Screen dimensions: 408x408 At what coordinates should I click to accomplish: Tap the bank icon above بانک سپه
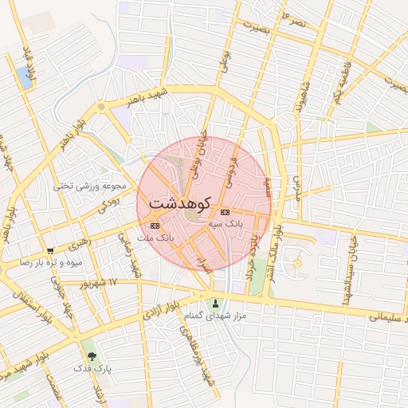tap(225, 212)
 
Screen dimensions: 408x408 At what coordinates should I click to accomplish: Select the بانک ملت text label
tap(155, 237)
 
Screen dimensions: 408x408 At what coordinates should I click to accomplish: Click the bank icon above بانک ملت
tap(155, 226)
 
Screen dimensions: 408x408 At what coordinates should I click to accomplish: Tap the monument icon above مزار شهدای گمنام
tap(215, 304)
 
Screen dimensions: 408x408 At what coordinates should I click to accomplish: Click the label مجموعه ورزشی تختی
tap(90, 186)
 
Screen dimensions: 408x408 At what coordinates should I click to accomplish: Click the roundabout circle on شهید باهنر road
tap(101, 106)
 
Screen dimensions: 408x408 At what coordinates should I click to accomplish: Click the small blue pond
tap(23, 78)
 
